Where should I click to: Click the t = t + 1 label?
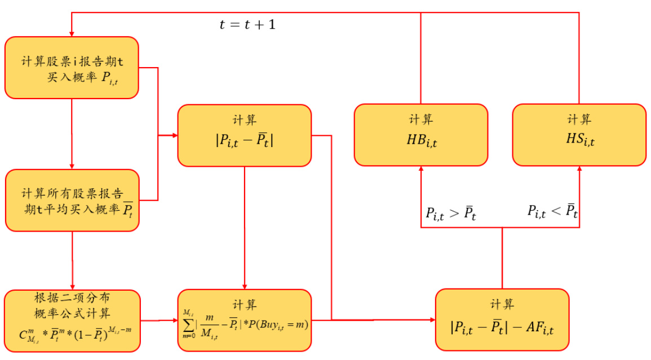[x=247, y=25]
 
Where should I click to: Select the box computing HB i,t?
[x=421, y=135]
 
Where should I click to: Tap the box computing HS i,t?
[x=579, y=135]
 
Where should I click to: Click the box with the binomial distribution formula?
[x=72, y=320]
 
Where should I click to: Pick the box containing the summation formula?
[x=244, y=320]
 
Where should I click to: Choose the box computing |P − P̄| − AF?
[x=502, y=320]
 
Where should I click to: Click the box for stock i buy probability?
[x=72, y=68]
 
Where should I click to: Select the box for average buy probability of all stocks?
[x=72, y=201]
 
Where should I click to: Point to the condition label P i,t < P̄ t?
[x=552, y=212]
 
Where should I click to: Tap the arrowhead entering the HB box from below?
[x=421, y=170]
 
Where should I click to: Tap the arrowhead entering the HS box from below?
[x=579, y=170]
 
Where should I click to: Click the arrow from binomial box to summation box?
[x=158, y=321]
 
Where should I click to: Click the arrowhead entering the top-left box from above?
[x=72, y=33]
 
